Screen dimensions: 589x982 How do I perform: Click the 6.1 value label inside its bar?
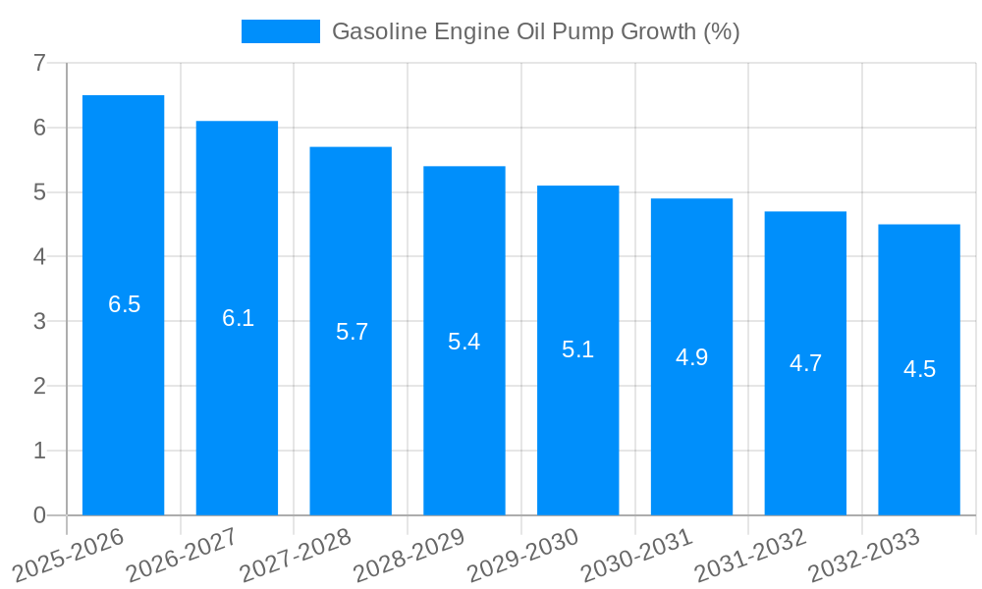point(238,318)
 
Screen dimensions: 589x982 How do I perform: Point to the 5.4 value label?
point(464,342)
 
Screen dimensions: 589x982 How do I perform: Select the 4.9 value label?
point(691,357)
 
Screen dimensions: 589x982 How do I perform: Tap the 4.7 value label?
point(805,363)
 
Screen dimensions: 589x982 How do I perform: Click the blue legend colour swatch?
point(281,31)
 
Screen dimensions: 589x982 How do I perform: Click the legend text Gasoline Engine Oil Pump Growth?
point(535,31)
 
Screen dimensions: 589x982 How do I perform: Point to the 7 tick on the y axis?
point(39,63)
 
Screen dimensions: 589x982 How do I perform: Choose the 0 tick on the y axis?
point(39,515)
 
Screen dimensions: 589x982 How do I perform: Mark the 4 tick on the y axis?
point(39,257)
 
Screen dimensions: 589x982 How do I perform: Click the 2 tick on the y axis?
point(39,386)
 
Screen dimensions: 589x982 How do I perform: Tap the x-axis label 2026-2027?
point(182,553)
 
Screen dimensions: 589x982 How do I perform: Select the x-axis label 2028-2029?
point(409,553)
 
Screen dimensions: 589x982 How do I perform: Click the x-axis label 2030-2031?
point(636,553)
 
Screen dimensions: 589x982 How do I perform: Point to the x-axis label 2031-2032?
point(750,553)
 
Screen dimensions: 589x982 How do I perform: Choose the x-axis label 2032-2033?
point(863,553)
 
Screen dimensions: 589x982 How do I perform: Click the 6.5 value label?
point(124,304)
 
